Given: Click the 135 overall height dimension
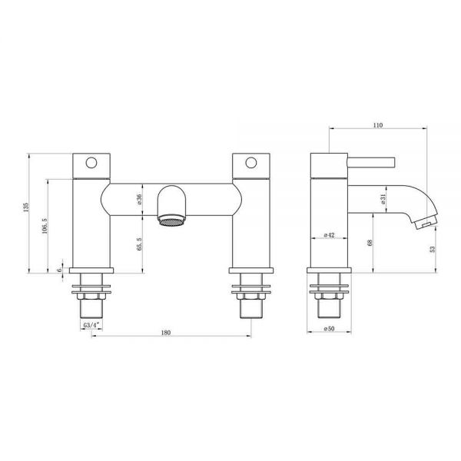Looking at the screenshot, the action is (x=26, y=207).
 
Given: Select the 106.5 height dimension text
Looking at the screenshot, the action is (x=45, y=226).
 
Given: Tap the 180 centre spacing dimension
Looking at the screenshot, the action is (x=166, y=333).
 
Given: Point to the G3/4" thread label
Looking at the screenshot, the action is (x=91, y=325).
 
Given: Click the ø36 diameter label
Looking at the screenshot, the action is (x=139, y=200).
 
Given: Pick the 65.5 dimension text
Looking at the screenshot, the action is (x=139, y=244).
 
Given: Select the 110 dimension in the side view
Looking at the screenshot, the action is (x=378, y=125).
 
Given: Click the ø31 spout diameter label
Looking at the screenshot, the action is (x=383, y=199).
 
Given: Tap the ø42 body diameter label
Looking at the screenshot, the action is (x=330, y=235).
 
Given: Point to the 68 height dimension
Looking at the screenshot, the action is (x=370, y=243).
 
